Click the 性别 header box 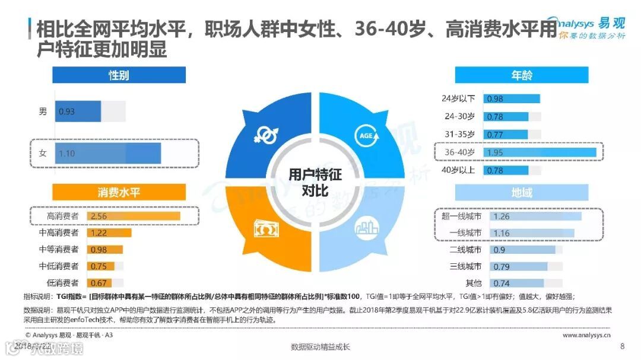pos(119,75)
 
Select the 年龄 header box pos(521,75)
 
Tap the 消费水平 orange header pos(119,192)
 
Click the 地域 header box pos(521,192)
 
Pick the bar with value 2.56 pos(133,216)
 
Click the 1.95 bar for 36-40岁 pos(540,152)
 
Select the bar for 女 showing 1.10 pos(108,153)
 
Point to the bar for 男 pos(79,111)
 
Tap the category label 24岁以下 pos(458,98)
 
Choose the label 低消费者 pos(62,282)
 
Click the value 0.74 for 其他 pos(502,283)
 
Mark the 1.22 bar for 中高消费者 pos(109,232)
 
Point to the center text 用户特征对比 pos(315,181)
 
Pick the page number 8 pos(622,346)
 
